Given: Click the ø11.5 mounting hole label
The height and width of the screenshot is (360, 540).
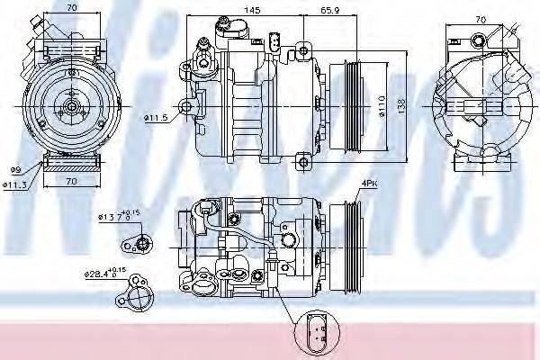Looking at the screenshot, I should (156, 118).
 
